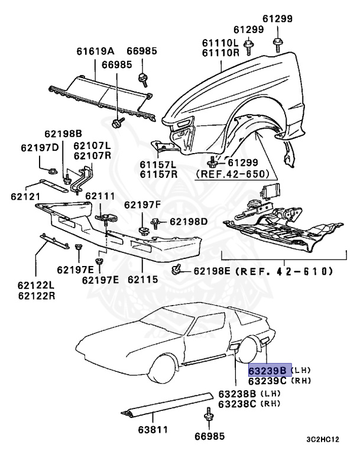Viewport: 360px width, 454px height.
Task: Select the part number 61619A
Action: click(95, 51)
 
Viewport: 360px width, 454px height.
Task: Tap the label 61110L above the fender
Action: click(219, 43)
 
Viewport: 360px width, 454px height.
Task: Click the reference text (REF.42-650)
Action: click(232, 174)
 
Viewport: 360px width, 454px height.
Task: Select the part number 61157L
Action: click(158, 164)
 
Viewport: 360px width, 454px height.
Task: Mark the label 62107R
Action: click(92, 155)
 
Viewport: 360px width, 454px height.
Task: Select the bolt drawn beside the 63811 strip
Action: click(207, 415)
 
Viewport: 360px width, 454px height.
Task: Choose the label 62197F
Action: click(142, 205)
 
